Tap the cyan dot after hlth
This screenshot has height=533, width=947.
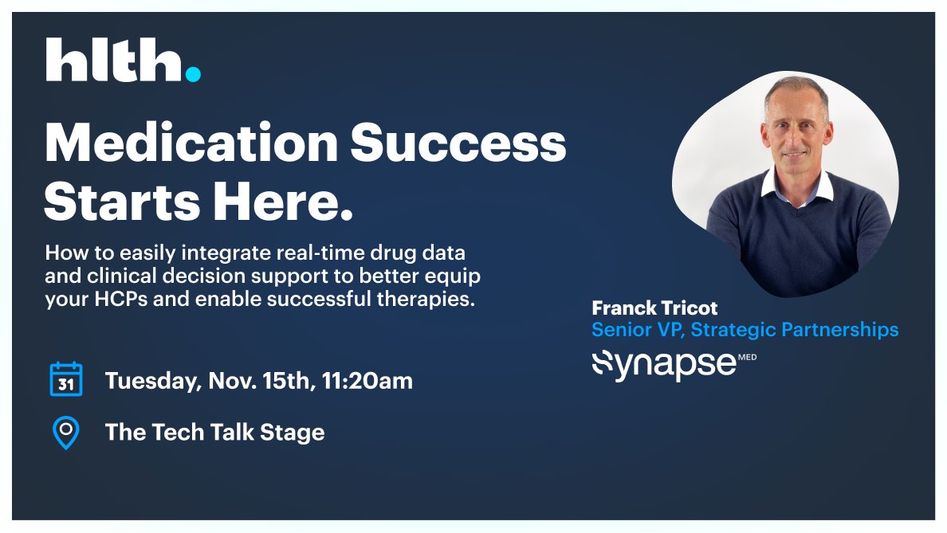[x=193, y=74]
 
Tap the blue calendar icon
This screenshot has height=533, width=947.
[x=66, y=379]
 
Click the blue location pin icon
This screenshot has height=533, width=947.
[x=65, y=432]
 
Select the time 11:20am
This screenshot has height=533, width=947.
[x=367, y=381]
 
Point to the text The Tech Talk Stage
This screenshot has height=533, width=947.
[x=214, y=433]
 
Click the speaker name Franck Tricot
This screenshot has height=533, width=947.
[x=654, y=308]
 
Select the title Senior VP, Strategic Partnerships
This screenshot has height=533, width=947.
[x=745, y=329]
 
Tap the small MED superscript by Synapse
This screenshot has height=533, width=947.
[x=747, y=357]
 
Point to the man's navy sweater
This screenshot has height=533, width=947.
[x=797, y=239]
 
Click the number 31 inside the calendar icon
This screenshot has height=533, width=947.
[x=66, y=383]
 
